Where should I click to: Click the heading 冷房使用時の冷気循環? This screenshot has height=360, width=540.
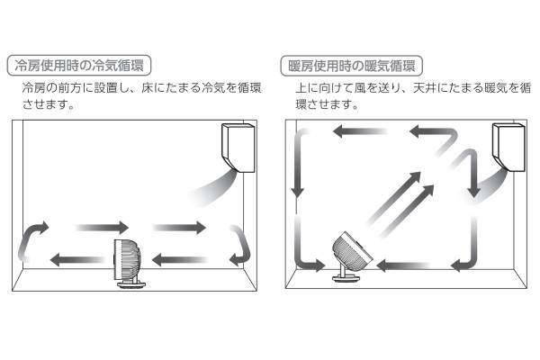click(x=78, y=66)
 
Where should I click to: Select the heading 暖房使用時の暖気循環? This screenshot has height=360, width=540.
click(x=352, y=66)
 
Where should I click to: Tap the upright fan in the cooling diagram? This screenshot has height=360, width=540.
click(x=129, y=265)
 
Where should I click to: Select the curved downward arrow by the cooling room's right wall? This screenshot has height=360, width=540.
click(x=241, y=243)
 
